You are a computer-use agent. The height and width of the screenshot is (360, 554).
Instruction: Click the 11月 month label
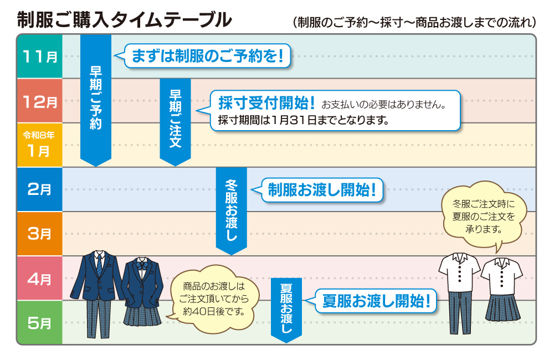[x=39, y=56]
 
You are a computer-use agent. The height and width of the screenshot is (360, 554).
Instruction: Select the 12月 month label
[x=39, y=101]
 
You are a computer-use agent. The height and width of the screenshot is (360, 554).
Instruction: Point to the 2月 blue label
[x=39, y=189]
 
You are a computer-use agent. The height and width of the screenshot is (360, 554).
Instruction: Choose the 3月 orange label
[x=39, y=234]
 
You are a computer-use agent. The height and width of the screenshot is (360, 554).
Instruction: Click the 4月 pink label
[x=39, y=278]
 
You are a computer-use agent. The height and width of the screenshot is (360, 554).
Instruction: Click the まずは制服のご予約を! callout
[x=208, y=56]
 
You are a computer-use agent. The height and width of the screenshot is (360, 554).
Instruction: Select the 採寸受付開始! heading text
[x=266, y=102]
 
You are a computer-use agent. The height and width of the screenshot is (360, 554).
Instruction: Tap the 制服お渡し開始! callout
[x=321, y=190]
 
